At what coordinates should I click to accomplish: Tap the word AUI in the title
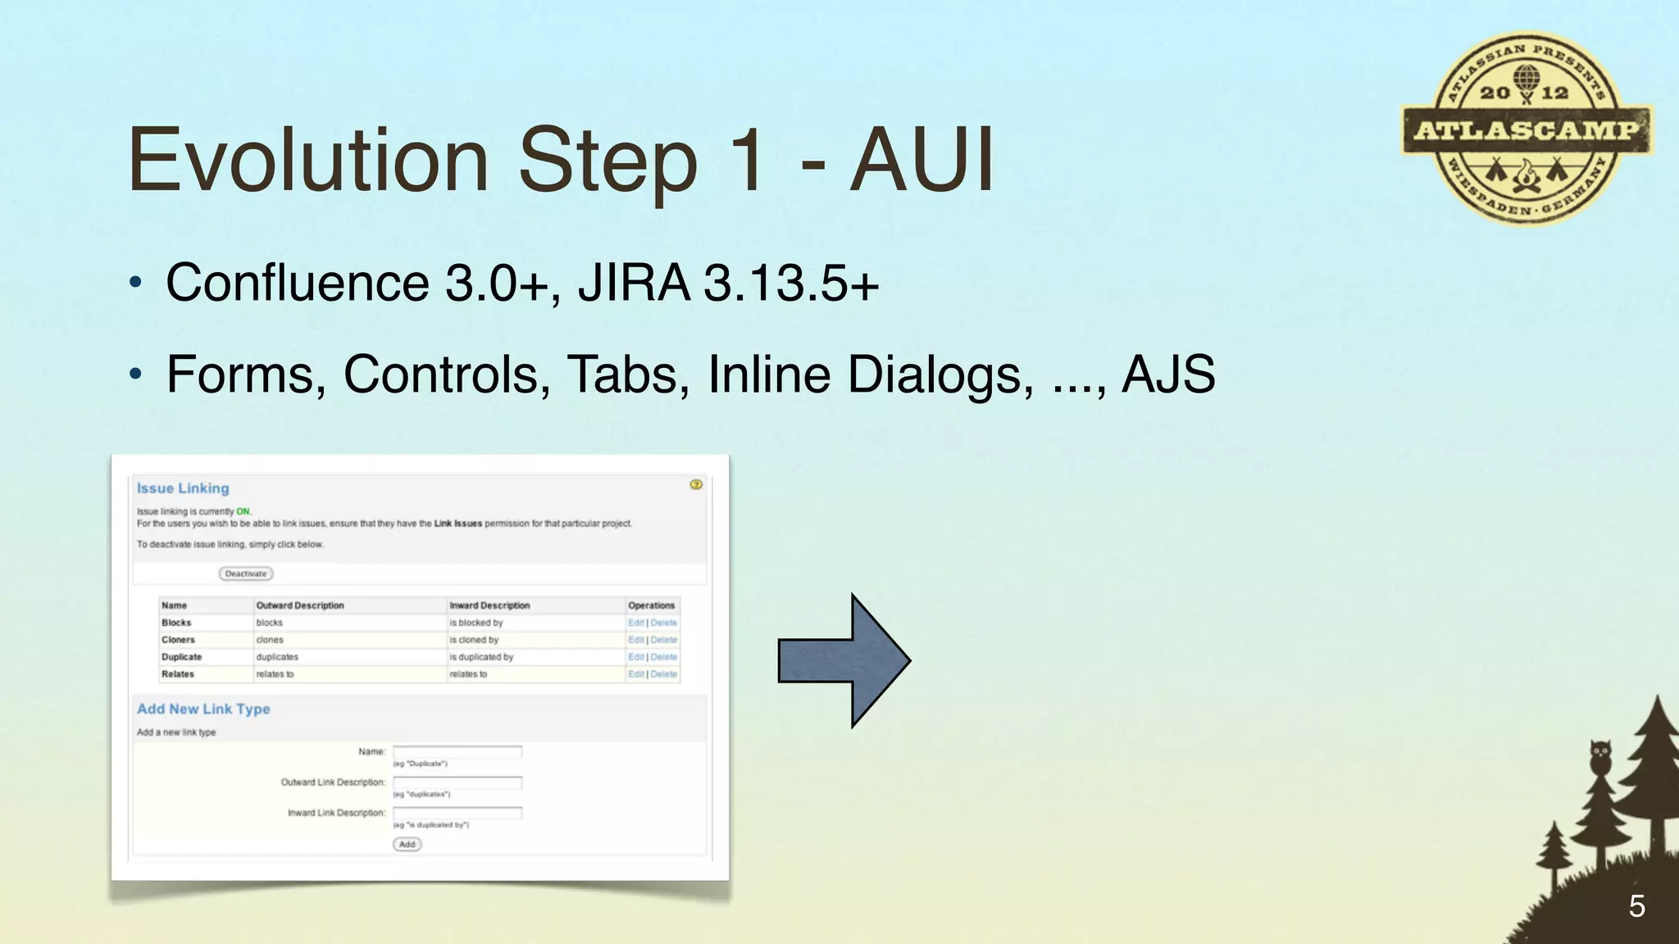[921, 160]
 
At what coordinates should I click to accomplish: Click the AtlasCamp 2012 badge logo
[1527, 129]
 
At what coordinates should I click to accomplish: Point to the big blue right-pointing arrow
[844, 660]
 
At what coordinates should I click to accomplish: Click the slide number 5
[1636, 906]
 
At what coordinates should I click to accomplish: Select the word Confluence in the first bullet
[297, 283]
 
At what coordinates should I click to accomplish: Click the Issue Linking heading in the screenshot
[183, 488]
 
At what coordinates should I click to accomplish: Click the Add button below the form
[407, 844]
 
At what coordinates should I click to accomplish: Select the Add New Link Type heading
[203, 709]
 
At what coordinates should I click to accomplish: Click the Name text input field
[457, 751]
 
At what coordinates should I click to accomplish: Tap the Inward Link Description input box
[457, 813]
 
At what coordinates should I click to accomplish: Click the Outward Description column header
[300, 606]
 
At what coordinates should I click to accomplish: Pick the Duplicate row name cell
[181, 657]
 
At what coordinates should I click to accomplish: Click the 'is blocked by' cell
[476, 623]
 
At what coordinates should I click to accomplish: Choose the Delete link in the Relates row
[664, 674]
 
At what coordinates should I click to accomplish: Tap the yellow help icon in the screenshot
[696, 484]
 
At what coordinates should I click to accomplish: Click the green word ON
[243, 511]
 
